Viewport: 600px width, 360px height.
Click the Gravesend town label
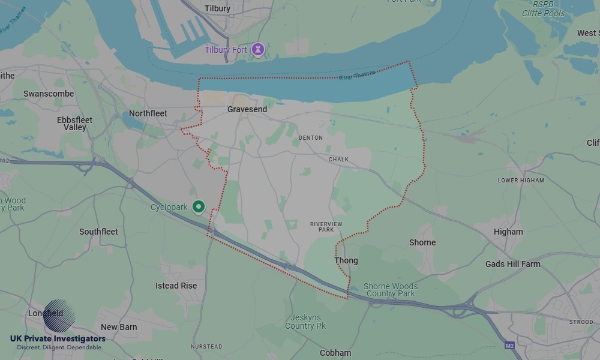tap(247, 110)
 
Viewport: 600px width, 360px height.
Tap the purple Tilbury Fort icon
tap(258, 49)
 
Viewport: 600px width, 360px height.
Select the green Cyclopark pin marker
tap(199, 207)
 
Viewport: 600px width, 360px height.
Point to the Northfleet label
tap(148, 113)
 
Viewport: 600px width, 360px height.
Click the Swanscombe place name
tap(49, 94)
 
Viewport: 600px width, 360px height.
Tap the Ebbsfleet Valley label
tap(75, 124)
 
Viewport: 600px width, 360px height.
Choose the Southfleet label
tap(98, 232)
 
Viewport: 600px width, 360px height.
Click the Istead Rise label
tap(176, 286)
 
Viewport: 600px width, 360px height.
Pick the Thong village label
tap(346, 260)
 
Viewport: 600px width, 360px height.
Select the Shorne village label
tap(422, 242)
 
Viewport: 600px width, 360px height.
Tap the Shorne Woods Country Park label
tap(391, 290)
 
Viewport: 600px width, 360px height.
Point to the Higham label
tap(508, 232)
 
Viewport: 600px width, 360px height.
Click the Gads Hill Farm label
tap(512, 264)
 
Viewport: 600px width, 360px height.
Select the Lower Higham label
tap(521, 181)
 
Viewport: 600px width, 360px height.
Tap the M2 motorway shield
tap(509, 346)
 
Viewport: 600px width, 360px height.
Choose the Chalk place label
tap(338, 160)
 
